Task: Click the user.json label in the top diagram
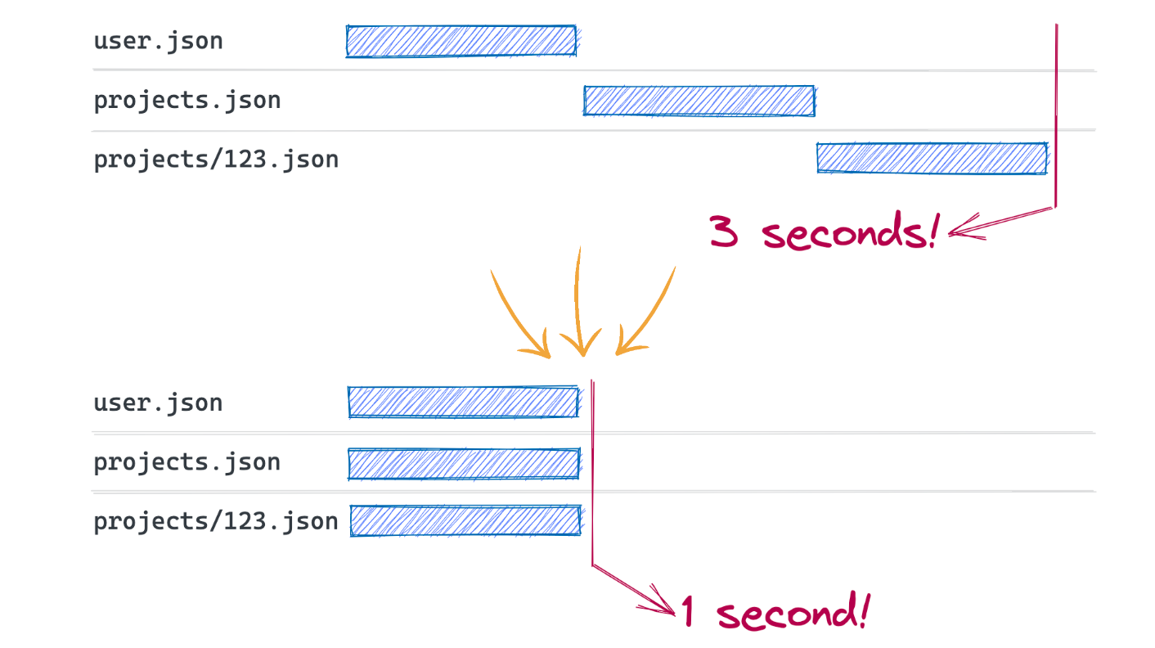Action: click(158, 41)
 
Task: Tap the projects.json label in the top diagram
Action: click(187, 101)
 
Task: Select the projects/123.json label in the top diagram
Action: click(216, 159)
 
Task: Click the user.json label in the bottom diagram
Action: click(158, 403)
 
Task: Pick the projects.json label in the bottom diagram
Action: click(187, 462)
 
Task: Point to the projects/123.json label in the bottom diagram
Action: click(216, 521)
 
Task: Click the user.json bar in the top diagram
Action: click(461, 41)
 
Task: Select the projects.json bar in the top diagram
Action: click(699, 101)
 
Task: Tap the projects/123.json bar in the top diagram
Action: click(932, 159)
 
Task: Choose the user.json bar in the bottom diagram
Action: click(464, 403)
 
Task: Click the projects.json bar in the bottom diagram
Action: click(464, 464)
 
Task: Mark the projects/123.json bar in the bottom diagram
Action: click(465, 521)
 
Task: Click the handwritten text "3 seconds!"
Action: click(823, 232)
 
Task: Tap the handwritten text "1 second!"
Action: click(774, 612)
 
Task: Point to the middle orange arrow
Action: click(580, 303)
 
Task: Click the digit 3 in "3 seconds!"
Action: click(725, 232)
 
